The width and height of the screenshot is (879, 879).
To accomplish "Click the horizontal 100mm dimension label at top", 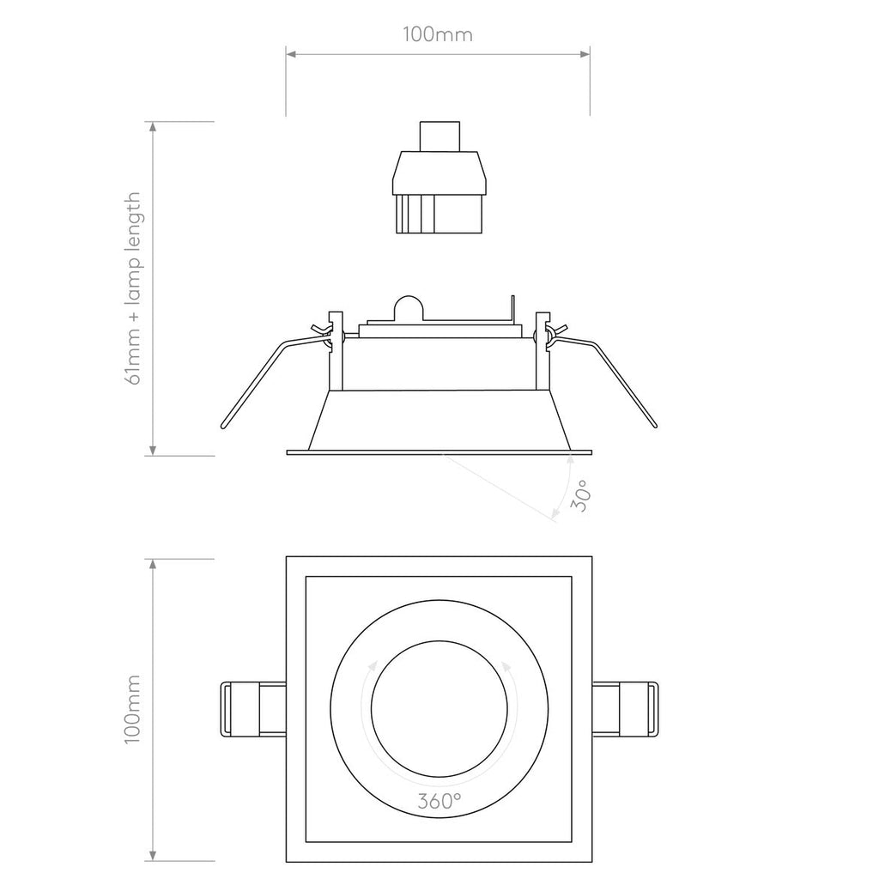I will (x=438, y=35).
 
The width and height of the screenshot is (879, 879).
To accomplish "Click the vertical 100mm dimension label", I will (x=131, y=708).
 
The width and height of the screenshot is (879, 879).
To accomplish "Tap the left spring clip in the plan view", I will (x=252, y=708).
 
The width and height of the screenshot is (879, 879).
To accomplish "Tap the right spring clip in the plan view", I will (x=626, y=708).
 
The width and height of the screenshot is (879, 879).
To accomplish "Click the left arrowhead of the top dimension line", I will (x=291, y=55).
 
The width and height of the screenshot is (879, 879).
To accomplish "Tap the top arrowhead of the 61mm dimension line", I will (x=154, y=127).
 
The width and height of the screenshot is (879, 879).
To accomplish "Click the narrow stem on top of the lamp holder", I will (x=439, y=136).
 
